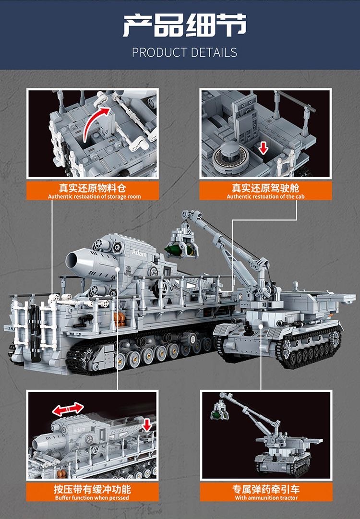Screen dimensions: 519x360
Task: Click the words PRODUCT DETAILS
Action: click(184, 52)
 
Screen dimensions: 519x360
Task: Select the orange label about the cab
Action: click(265, 190)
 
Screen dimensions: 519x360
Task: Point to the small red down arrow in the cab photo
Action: click(263, 147)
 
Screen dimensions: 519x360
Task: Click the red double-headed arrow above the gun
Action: click(68, 409)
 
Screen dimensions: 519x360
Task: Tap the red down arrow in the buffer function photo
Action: click(147, 424)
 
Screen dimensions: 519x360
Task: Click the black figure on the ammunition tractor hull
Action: click(248, 328)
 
